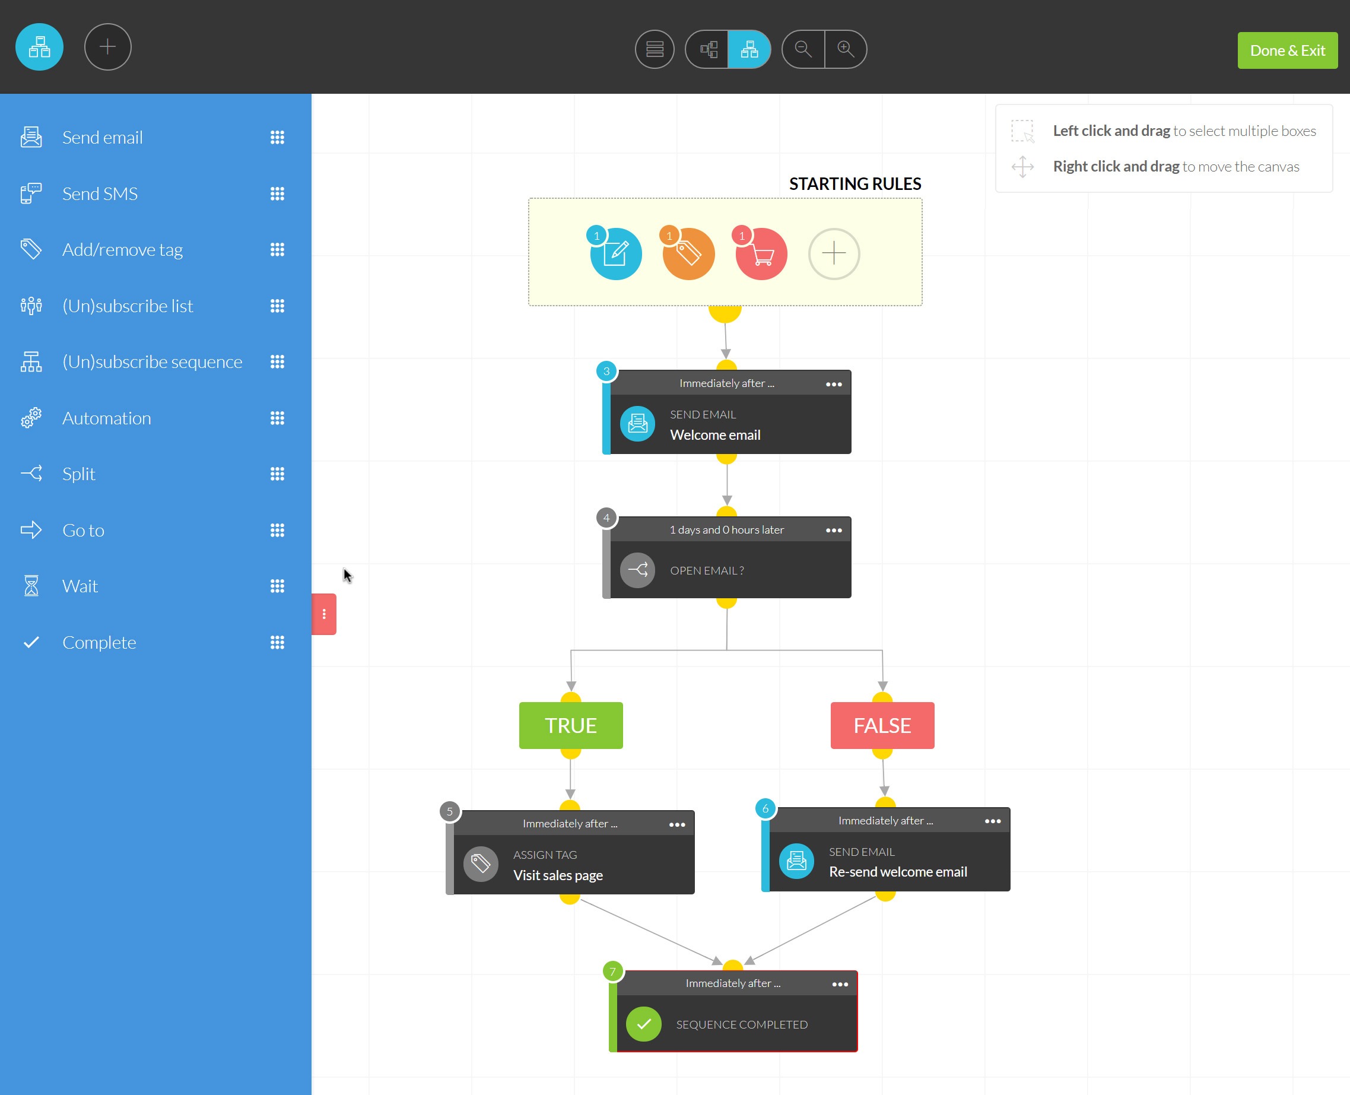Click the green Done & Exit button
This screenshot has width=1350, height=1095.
(x=1287, y=50)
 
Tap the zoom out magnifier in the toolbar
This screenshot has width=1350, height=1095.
(x=803, y=49)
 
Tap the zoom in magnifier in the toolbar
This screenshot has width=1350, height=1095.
(x=846, y=49)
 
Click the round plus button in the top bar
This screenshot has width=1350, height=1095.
(x=108, y=47)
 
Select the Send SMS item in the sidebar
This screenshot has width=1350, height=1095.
(x=100, y=193)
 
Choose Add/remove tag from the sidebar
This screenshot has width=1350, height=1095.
(x=122, y=250)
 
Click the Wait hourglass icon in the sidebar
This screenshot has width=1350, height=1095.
(x=31, y=586)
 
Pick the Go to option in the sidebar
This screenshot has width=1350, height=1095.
(x=83, y=531)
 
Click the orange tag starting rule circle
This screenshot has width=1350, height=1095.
(x=688, y=253)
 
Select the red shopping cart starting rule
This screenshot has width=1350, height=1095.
(x=761, y=253)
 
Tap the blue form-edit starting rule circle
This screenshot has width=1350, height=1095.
(x=615, y=253)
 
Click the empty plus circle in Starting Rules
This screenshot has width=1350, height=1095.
(x=834, y=253)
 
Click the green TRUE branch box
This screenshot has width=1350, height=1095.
(x=571, y=725)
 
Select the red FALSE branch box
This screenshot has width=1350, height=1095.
(x=882, y=725)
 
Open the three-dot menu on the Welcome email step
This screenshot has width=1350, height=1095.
(x=834, y=384)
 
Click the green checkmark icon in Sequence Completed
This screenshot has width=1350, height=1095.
(x=643, y=1024)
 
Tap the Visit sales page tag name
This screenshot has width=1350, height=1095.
(x=558, y=875)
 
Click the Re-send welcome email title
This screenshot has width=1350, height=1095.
(x=898, y=872)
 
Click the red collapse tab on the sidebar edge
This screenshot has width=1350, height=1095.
(x=324, y=614)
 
